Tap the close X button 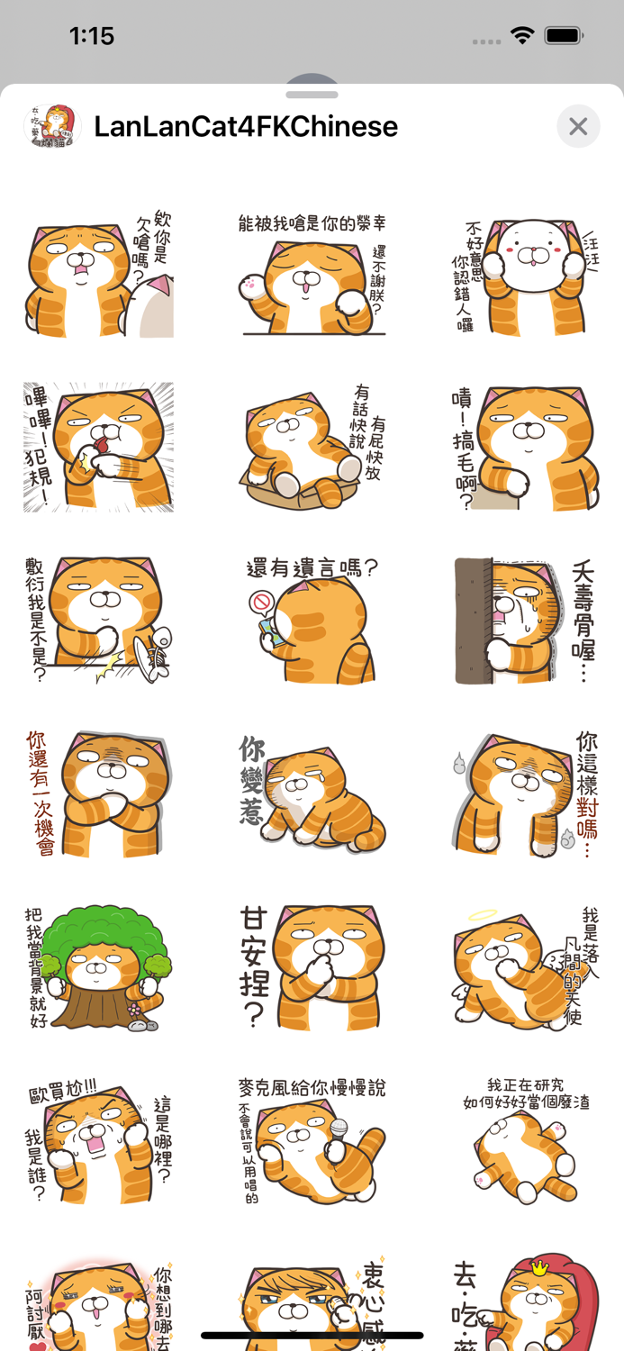(578, 127)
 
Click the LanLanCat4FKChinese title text (246, 127)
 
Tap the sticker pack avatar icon (51, 126)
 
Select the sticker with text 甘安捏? (312, 968)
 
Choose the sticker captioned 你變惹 (312, 793)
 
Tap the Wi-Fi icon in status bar (521, 36)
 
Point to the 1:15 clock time (92, 36)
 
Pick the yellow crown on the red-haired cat (539, 1268)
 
